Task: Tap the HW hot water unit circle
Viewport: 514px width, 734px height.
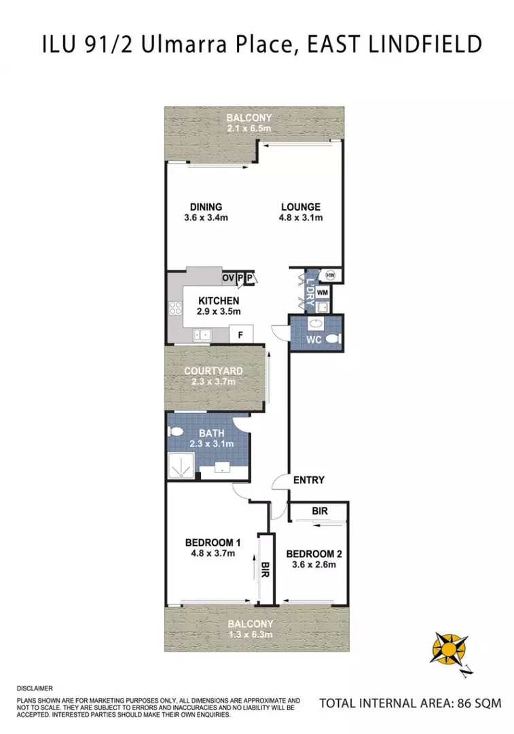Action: [x=331, y=275]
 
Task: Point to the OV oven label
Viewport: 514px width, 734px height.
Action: [x=227, y=278]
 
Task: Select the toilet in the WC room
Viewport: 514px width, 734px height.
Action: [x=332, y=339]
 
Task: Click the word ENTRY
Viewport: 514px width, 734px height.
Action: [x=308, y=480]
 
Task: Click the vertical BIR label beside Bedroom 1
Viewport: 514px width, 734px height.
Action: [x=265, y=570]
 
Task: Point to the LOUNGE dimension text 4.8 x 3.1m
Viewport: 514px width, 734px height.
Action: [x=301, y=218]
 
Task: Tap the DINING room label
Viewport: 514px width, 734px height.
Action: [x=205, y=207]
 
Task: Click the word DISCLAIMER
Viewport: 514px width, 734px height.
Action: [x=34, y=688]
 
